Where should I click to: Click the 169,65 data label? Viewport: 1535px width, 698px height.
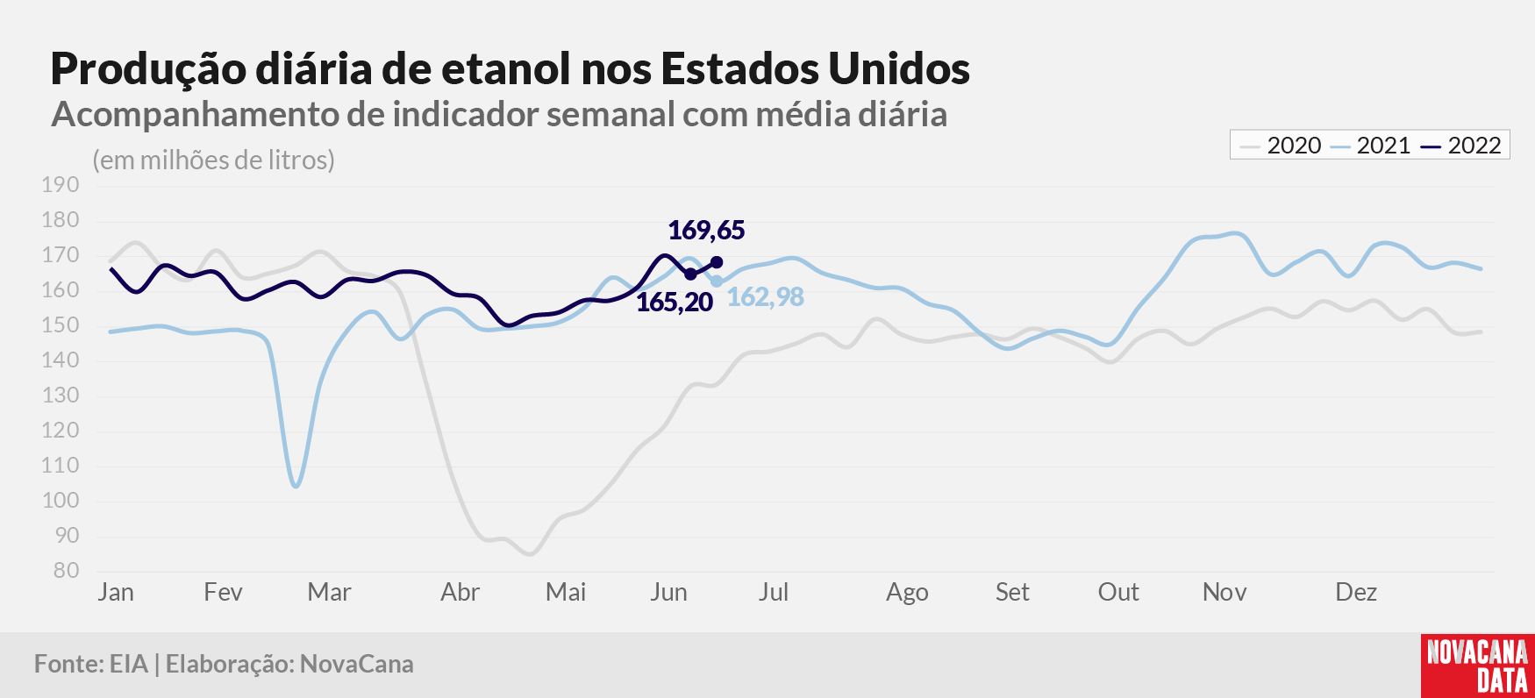pos(706,231)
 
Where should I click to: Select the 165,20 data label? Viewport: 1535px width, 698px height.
pos(675,303)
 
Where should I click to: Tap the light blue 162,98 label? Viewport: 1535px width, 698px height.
pos(766,297)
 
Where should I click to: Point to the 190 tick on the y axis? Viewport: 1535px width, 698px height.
pos(60,185)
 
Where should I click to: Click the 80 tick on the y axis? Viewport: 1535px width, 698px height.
pos(66,571)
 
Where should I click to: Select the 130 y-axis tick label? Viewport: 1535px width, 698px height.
pos(60,395)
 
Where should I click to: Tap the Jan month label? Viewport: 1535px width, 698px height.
pos(116,593)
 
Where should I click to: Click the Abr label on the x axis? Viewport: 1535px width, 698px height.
pos(460,593)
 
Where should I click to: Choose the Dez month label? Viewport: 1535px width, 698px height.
pos(1356,593)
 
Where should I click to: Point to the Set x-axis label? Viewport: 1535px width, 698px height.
pos(1012,593)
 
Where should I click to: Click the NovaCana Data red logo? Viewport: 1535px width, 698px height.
pos(1478,666)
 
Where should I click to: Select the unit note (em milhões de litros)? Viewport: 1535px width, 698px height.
pos(214,160)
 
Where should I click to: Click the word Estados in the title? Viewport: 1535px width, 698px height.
pos(739,68)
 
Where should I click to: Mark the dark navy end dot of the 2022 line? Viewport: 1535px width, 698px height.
pos(717,262)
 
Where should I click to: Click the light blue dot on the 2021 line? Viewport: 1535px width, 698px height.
pos(717,281)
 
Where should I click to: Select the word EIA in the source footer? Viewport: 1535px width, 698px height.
pos(129,665)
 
